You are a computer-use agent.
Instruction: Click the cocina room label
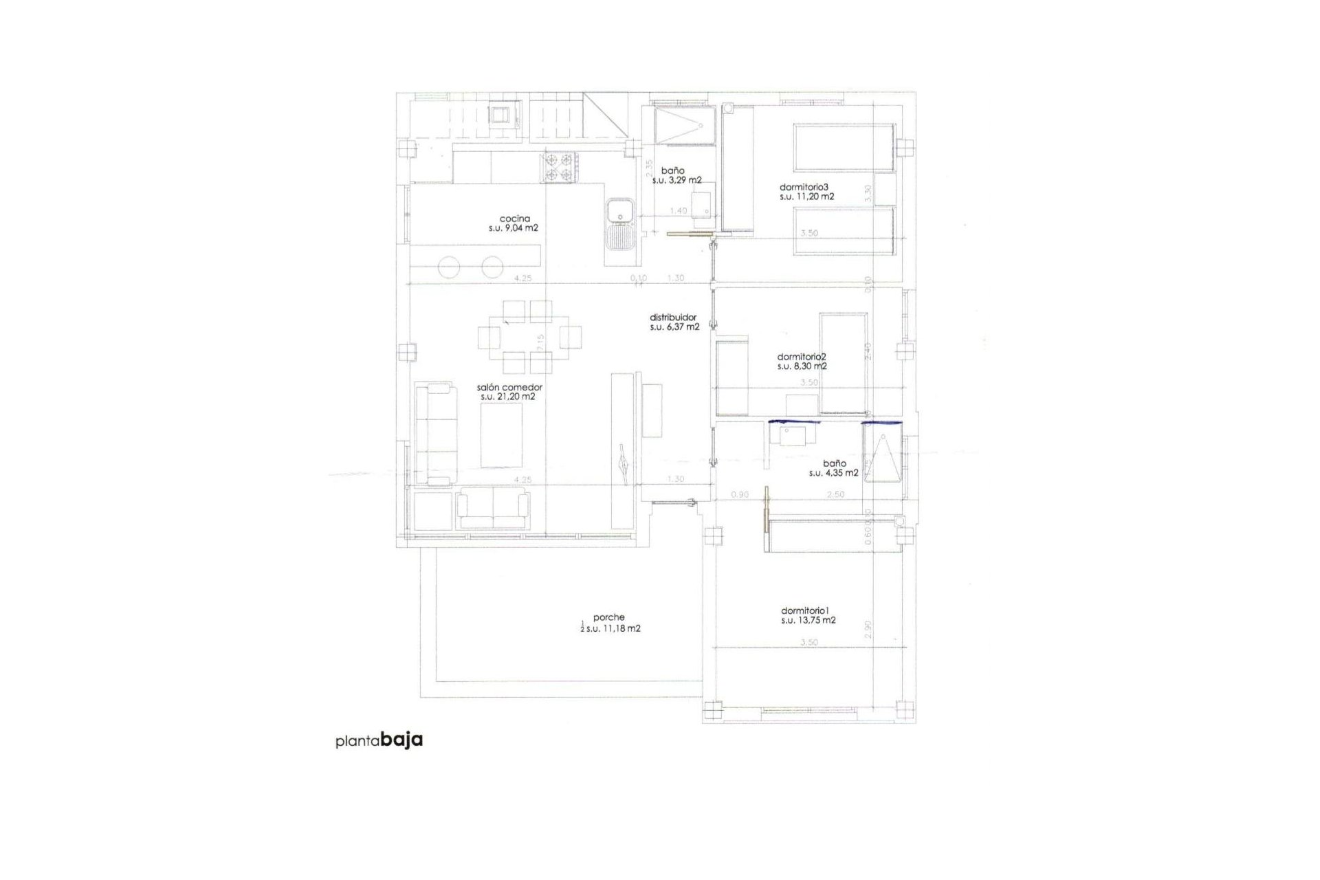514,219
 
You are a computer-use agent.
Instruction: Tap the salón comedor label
509,387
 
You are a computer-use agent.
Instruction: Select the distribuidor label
673,318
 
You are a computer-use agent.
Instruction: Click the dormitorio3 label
804,187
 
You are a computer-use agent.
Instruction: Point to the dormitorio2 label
802,357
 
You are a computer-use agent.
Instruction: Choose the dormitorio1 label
806,610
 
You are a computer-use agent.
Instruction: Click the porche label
609,617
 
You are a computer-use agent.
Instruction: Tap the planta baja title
379,740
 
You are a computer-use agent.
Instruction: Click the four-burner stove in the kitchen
558,168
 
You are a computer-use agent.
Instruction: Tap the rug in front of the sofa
500,435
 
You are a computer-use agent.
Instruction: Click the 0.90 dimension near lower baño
740,494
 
